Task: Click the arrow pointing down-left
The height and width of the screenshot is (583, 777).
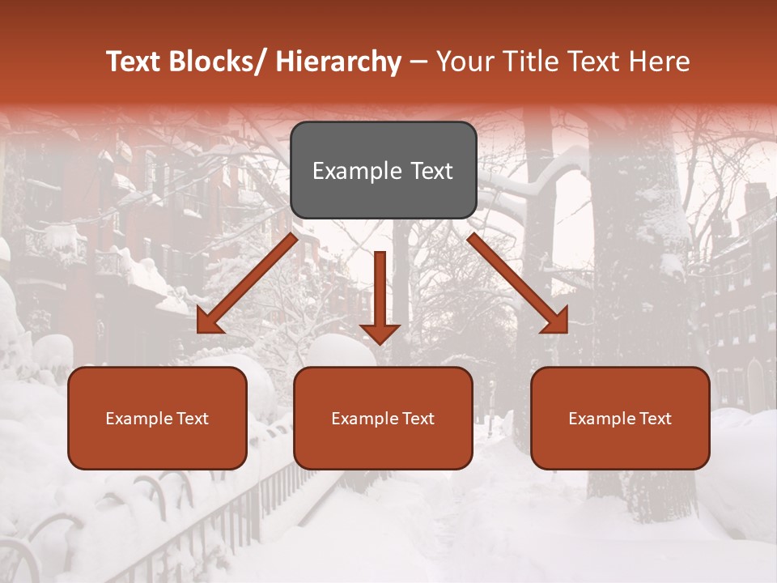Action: [247, 283]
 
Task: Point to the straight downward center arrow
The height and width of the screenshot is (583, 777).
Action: [380, 291]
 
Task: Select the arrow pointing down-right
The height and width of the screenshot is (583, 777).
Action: [518, 283]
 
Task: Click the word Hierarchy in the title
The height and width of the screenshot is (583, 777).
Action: [338, 62]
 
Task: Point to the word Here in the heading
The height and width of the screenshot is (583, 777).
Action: [660, 62]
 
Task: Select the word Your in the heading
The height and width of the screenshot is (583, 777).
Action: [465, 62]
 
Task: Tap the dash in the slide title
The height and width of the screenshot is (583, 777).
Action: [418, 62]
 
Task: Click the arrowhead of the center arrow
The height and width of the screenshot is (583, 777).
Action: [380, 334]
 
